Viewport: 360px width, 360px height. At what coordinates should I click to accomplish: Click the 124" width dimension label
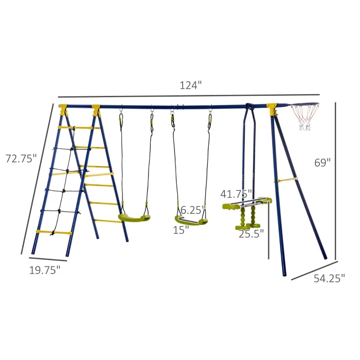pyautogui.click(x=191, y=85)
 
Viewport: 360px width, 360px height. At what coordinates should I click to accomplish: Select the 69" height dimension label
pyautogui.click(x=322, y=162)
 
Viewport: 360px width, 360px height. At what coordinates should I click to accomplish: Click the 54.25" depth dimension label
pyautogui.click(x=329, y=278)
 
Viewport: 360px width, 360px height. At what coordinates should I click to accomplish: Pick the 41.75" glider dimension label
pyautogui.click(x=235, y=194)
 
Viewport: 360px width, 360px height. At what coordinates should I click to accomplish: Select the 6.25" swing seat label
pyautogui.click(x=193, y=210)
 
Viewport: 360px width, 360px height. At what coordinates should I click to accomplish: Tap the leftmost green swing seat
pyautogui.click(x=134, y=218)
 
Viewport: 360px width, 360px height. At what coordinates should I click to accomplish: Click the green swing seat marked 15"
pyautogui.click(x=191, y=221)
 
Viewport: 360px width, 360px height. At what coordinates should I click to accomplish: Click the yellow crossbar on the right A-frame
pyautogui.click(x=288, y=180)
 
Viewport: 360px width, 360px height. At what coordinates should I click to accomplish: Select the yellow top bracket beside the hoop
pyautogui.click(x=271, y=108)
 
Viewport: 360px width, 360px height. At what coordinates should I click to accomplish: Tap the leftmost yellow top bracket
pyautogui.click(x=63, y=108)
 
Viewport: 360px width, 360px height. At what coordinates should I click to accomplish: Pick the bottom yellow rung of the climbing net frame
pyautogui.click(x=54, y=232)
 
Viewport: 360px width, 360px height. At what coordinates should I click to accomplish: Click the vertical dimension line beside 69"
pyautogui.click(x=336, y=180)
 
